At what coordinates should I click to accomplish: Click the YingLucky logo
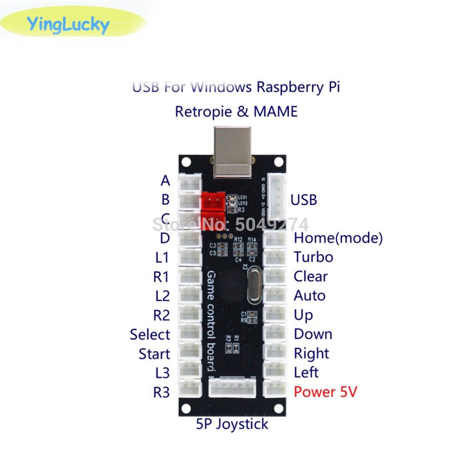pos(68,24)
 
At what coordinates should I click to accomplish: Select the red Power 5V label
pos(325,392)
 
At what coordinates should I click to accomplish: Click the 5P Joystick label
pos(232,423)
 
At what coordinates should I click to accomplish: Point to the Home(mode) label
pos(338,238)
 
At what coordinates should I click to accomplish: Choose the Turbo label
pos(313,257)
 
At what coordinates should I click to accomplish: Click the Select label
pos(150,334)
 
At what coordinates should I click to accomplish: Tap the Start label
pos(154,354)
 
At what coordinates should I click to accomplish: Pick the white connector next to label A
pos(190,182)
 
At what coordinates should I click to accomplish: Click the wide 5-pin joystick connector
pos(232,387)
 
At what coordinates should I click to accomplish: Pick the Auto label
pos(309,295)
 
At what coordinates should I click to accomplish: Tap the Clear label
pos(310,276)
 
